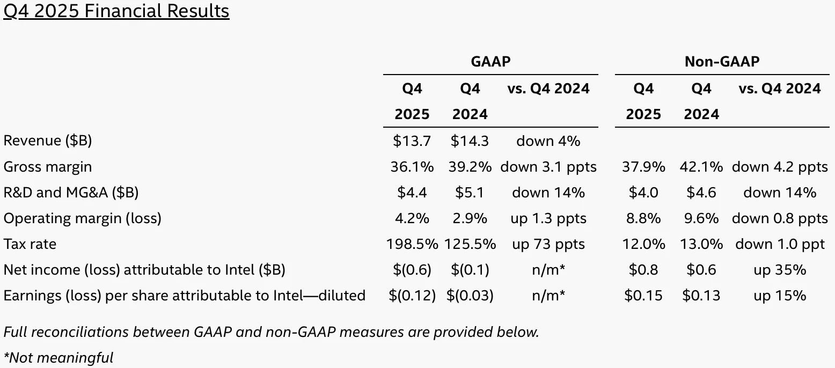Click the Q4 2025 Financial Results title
pyautogui.click(x=116, y=11)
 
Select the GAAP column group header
pyautogui.click(x=490, y=62)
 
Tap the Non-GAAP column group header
pyautogui.click(x=722, y=62)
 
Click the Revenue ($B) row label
pyautogui.click(x=48, y=141)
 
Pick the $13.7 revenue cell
pyautogui.click(x=412, y=141)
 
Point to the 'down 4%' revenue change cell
pyautogui.click(x=548, y=141)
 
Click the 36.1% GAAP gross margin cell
pyautogui.click(x=412, y=167)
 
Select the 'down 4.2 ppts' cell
pyautogui.click(x=780, y=167)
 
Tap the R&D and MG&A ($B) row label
pyautogui.click(x=71, y=193)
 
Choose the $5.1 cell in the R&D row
pyautogui.click(x=470, y=193)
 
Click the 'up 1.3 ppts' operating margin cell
pyautogui.click(x=548, y=219)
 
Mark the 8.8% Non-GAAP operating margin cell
pyautogui.click(x=643, y=218)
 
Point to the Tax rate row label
pyautogui.click(x=30, y=244)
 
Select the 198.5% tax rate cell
pyautogui.click(x=412, y=244)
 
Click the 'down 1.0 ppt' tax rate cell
pyautogui.click(x=780, y=244)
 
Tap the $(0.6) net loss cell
pyautogui.click(x=412, y=270)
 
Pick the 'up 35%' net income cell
pyautogui.click(x=780, y=270)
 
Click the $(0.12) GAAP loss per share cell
pyautogui.click(x=412, y=296)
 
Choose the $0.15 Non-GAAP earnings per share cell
pyautogui.click(x=643, y=296)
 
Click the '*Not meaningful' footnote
pyautogui.click(x=58, y=358)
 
